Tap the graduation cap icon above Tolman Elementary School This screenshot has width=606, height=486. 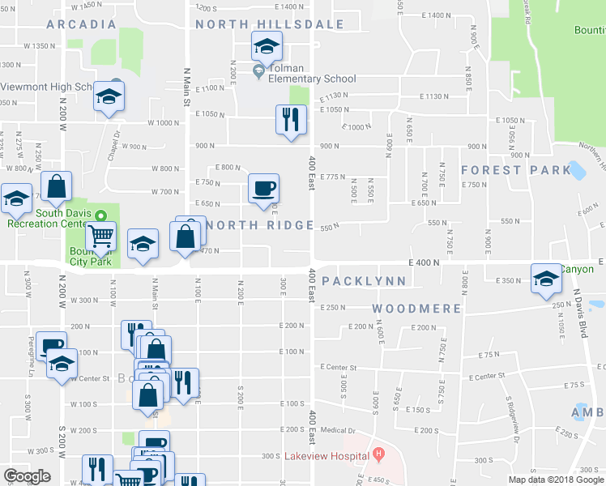pyautogui.click(x=265, y=48)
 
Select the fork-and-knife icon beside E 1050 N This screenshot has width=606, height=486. pyautogui.click(x=290, y=120)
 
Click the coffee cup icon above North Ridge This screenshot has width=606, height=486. pyautogui.click(x=263, y=190)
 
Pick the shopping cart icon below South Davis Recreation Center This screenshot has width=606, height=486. pyautogui.click(x=101, y=237)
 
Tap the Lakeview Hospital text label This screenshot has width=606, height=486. pyautogui.click(x=326, y=456)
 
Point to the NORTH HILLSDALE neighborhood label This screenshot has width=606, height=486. pyautogui.click(x=270, y=24)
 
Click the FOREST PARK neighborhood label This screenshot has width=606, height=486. pyautogui.click(x=516, y=170)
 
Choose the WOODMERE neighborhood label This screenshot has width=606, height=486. pyautogui.click(x=417, y=309)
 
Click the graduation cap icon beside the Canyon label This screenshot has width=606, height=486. pyautogui.click(x=546, y=279)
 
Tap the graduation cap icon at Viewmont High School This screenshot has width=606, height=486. pyautogui.click(x=108, y=98)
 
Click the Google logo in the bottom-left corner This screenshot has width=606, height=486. pyautogui.click(x=27, y=476)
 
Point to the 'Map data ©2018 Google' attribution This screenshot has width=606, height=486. pyautogui.click(x=556, y=480)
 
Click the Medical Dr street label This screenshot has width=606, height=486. pyautogui.click(x=338, y=430)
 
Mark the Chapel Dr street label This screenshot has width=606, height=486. pyautogui.click(x=117, y=146)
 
